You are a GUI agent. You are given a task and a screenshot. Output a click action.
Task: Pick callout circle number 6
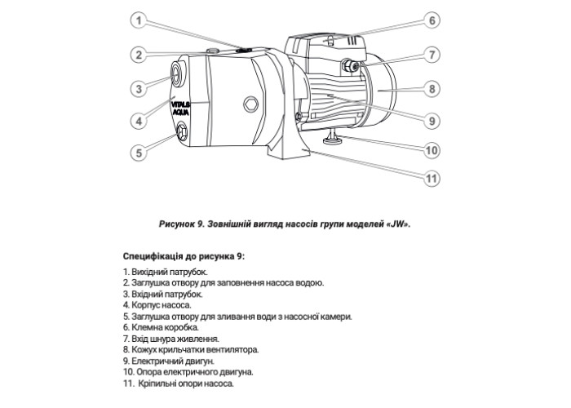click(x=433, y=20)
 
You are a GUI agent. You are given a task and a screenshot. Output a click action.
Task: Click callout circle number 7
click(x=433, y=55)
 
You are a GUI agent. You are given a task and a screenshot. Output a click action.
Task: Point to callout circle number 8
click(x=433, y=87)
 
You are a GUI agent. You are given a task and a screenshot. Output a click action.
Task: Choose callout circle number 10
click(x=433, y=150)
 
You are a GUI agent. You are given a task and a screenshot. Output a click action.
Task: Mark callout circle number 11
click(x=433, y=180)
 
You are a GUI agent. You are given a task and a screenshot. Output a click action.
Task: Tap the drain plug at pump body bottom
click(x=181, y=131)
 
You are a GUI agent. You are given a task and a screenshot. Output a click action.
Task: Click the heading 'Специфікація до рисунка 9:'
click(x=183, y=255)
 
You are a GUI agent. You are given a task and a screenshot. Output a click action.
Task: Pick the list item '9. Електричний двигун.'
click(x=168, y=360)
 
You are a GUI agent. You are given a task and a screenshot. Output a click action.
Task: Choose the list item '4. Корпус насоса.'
click(x=157, y=304)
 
